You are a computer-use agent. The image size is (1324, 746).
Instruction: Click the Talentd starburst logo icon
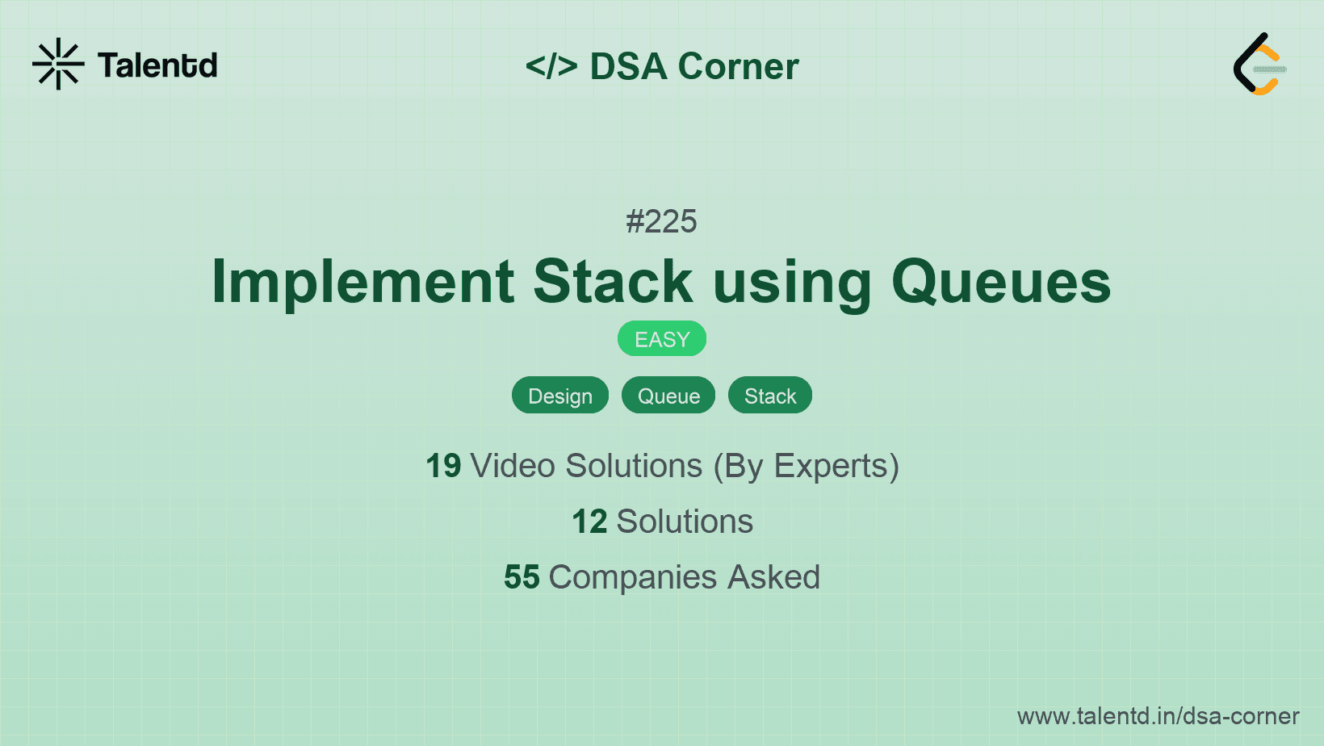point(58,64)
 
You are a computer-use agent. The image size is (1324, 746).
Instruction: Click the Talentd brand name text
point(157,65)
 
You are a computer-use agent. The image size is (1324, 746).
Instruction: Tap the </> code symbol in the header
point(551,66)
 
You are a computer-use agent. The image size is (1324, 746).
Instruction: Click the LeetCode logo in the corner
point(1259,65)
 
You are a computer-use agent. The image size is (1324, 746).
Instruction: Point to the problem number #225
point(661,221)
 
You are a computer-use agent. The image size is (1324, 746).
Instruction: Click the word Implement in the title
point(362,282)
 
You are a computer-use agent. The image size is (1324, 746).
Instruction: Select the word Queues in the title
point(1001,282)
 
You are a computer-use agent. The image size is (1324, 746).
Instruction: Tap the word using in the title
point(792,283)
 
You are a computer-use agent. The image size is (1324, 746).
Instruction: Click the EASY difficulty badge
point(662,339)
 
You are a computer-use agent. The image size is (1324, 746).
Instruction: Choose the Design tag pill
point(560,396)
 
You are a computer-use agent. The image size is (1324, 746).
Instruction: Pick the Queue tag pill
point(668,396)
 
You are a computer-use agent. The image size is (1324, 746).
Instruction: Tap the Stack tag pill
point(770,396)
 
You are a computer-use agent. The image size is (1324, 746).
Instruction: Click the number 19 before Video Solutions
point(443,466)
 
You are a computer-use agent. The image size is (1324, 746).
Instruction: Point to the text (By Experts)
point(806,467)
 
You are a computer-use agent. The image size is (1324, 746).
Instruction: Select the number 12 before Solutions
point(589,522)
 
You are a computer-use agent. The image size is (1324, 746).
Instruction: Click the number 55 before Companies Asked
point(522,577)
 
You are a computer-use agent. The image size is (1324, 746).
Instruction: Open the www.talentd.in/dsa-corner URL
point(1158,716)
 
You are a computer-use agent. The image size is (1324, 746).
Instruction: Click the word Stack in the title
point(613,282)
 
